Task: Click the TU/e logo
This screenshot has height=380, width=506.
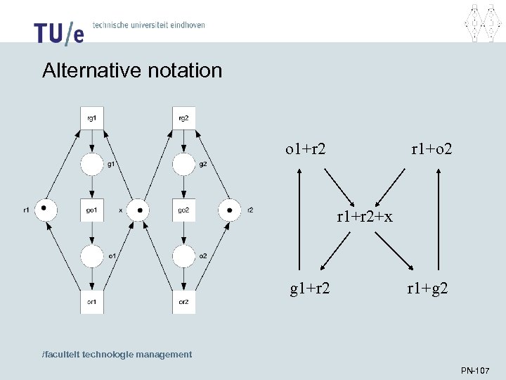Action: (58, 32)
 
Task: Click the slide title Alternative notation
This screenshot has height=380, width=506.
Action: (132, 70)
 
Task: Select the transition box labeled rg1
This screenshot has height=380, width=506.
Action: (92, 118)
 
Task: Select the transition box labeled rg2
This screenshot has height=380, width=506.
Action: (183, 118)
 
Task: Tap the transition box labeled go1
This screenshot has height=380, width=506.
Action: (92, 210)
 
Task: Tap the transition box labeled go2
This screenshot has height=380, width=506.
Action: (183, 210)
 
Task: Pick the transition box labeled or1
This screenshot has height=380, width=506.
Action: (92, 301)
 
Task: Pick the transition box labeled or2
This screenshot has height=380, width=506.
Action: (183, 301)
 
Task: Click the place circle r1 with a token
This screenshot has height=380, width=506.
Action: (46, 210)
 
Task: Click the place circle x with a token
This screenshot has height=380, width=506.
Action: (138, 210)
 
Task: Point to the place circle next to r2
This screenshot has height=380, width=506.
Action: (229, 210)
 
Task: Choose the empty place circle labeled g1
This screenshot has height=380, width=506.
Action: (92, 165)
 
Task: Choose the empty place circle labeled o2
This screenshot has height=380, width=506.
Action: (183, 256)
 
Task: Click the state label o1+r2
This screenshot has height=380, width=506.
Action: (305, 149)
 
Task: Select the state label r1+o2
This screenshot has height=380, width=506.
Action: (432, 149)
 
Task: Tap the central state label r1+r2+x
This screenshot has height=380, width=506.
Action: (364, 217)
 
